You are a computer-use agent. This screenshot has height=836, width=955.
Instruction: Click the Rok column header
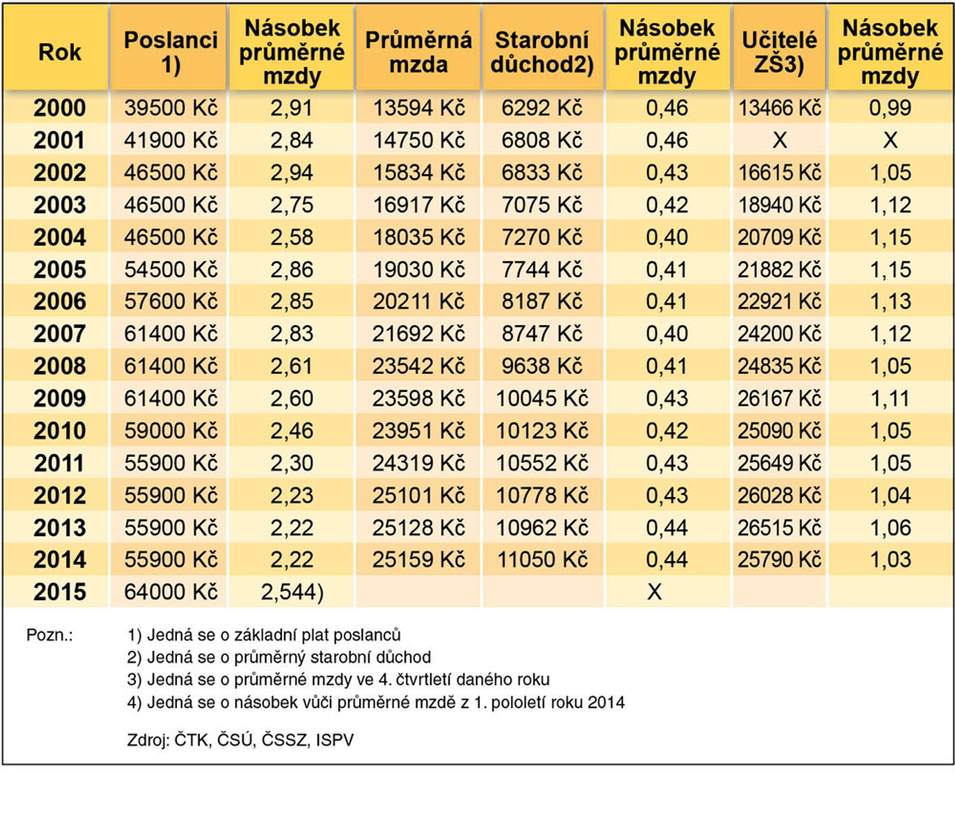point(60,52)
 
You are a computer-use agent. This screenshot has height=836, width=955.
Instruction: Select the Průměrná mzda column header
point(418,52)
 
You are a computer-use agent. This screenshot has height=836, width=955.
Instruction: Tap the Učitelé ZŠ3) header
point(779,52)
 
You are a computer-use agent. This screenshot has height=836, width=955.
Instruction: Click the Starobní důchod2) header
point(542,52)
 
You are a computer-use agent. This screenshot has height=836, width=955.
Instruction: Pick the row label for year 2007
point(60,334)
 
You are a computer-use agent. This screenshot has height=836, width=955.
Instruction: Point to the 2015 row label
point(60,592)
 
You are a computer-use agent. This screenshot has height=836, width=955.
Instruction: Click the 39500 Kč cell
point(171,108)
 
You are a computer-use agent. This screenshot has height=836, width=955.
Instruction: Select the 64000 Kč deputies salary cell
point(171,592)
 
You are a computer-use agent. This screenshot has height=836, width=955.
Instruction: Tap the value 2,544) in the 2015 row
point(292,592)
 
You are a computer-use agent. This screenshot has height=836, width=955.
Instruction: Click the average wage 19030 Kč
point(418,269)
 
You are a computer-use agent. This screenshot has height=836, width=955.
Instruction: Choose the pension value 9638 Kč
point(542,366)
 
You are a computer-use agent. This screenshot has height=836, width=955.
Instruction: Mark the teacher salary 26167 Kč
point(779,398)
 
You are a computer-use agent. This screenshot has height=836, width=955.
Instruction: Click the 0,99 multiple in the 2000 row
point(890,108)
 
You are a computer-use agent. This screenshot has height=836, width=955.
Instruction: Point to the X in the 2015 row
point(654,592)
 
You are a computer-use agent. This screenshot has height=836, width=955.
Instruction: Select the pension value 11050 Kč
point(542,560)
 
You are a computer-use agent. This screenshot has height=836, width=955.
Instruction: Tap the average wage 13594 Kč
point(418,108)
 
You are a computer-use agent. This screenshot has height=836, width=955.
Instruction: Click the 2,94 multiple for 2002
point(292,172)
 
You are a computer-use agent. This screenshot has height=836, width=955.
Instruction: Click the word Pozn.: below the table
point(50,635)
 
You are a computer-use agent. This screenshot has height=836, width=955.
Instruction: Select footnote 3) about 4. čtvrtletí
point(338,679)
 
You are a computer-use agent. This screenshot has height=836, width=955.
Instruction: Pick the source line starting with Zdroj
point(240,740)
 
